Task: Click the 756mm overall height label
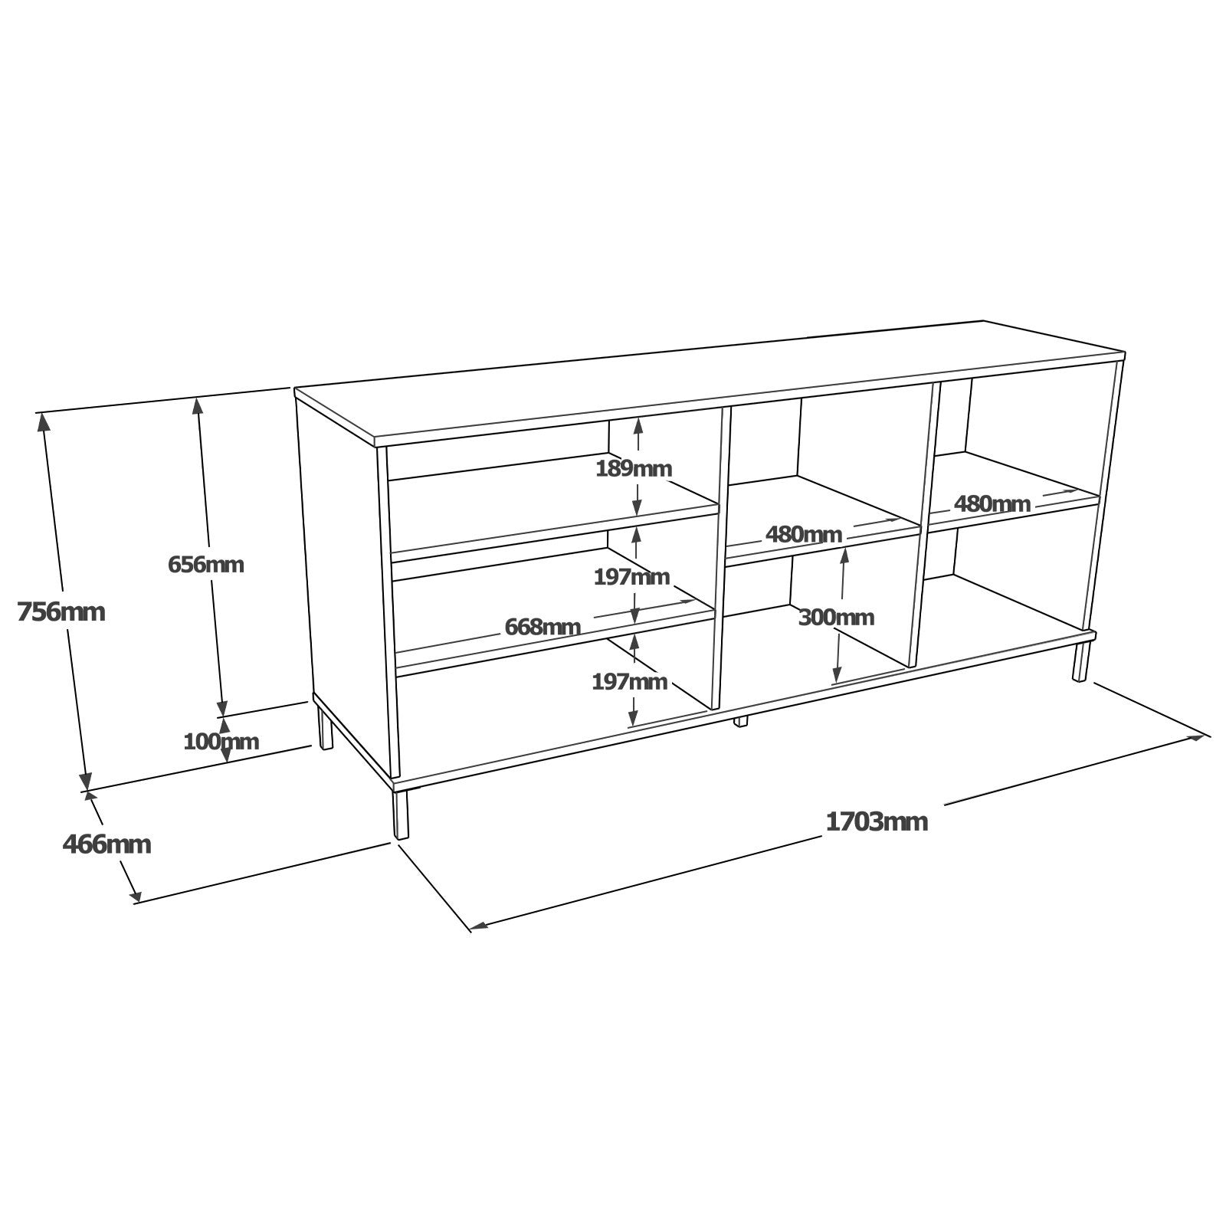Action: click(x=61, y=611)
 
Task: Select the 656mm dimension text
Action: click(x=205, y=565)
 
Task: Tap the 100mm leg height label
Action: click(x=221, y=741)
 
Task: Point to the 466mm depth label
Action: click(x=107, y=844)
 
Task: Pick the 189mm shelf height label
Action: click(x=634, y=468)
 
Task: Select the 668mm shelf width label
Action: click(x=543, y=627)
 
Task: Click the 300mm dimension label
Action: click(x=836, y=617)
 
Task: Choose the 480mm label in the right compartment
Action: click(x=992, y=503)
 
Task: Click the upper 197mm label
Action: click(x=631, y=576)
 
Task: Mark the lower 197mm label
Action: click(x=630, y=680)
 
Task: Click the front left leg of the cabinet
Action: click(x=401, y=815)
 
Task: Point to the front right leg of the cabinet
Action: click(x=1081, y=662)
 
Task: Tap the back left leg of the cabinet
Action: click(x=326, y=727)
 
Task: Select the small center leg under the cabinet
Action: click(x=740, y=721)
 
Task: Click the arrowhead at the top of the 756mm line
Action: click(x=43, y=421)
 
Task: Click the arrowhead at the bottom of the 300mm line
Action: click(x=838, y=674)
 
